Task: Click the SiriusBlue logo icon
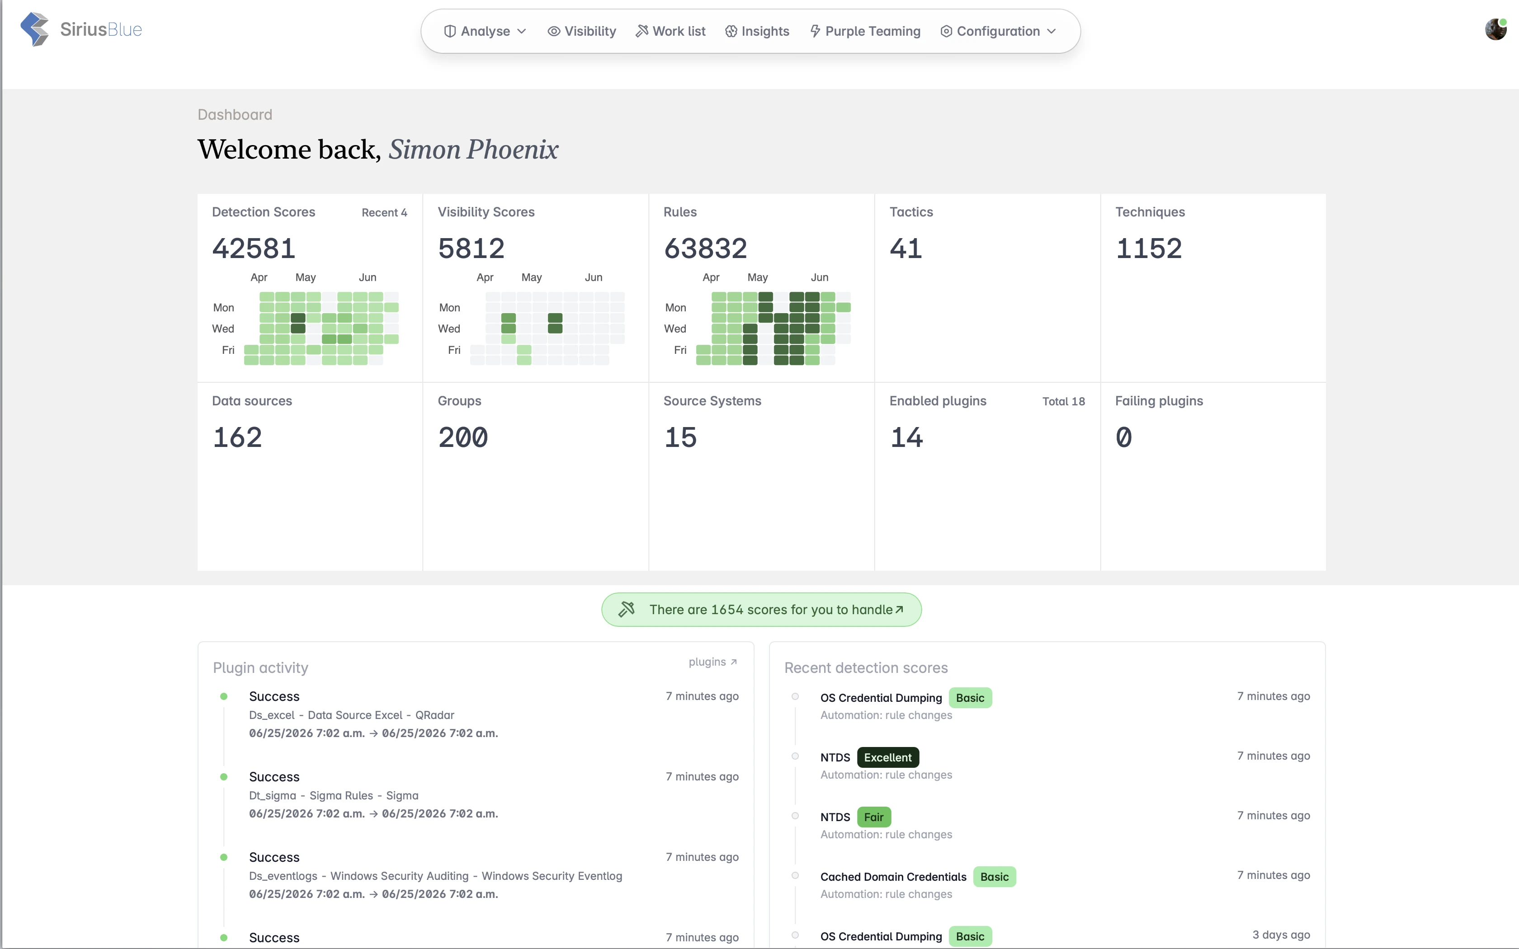click(34, 29)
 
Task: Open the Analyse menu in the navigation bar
click(485, 31)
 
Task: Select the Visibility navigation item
click(582, 31)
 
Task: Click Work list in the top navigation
click(670, 31)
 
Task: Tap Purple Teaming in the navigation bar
click(865, 31)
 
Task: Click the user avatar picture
click(1496, 29)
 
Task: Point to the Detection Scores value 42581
click(254, 249)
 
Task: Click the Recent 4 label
click(384, 213)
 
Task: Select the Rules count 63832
click(706, 249)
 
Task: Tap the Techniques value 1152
click(1149, 249)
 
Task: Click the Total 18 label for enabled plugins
click(1063, 402)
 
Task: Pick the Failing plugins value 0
click(1123, 437)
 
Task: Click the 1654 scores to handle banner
click(761, 610)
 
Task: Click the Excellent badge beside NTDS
click(887, 757)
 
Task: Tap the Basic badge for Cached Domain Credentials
click(994, 877)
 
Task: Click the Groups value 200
click(462, 437)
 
